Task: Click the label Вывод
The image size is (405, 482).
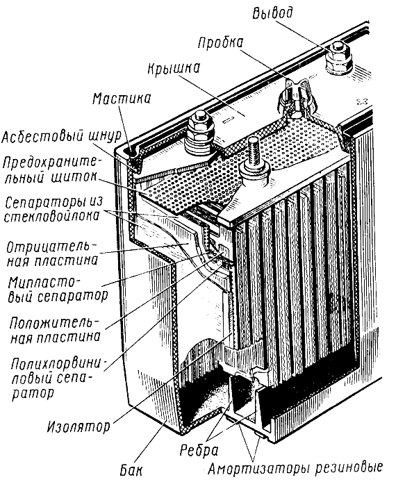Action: coord(272,14)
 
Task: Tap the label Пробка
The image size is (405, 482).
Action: coord(220,43)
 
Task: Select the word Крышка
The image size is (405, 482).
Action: coord(174,69)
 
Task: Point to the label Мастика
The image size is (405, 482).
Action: coord(122,99)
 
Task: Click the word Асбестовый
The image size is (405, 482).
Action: coord(43,136)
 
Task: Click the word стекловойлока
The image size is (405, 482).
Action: coord(51,217)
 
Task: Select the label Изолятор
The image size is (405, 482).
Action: coord(78,426)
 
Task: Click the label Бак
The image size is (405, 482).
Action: coord(131,469)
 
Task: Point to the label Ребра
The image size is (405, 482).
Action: coord(199,450)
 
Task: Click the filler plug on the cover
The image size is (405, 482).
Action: coord(296,98)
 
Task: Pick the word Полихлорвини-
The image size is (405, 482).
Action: coord(58,364)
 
